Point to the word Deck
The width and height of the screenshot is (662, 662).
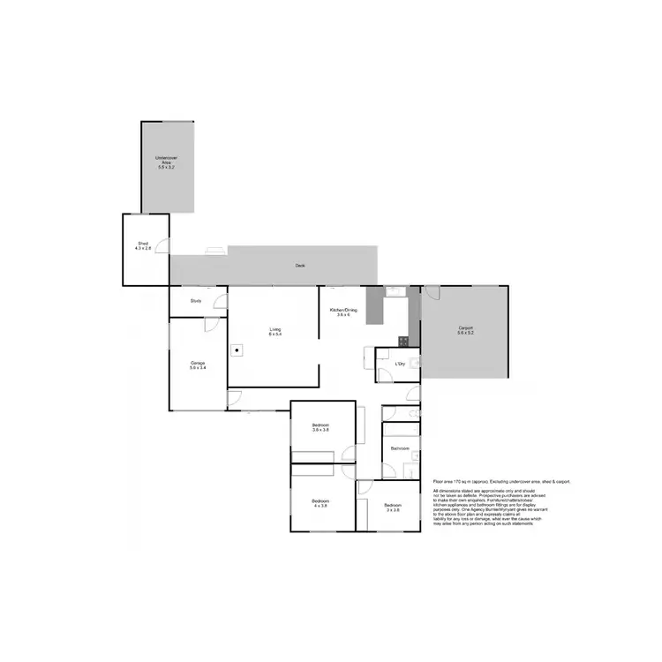click(x=300, y=266)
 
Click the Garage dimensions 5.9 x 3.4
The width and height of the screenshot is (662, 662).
click(x=198, y=367)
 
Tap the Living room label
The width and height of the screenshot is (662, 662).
click(x=275, y=330)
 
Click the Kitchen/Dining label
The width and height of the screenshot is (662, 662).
click(x=342, y=310)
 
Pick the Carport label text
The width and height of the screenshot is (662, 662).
click(x=465, y=328)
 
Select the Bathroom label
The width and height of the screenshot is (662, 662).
click(x=401, y=448)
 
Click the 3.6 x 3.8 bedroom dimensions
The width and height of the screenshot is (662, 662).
click(x=320, y=430)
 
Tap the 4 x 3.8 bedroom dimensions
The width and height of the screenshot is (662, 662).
click(x=319, y=506)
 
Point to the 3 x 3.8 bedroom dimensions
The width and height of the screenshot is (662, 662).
click(x=393, y=510)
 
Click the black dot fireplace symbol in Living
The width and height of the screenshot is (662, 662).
click(x=237, y=349)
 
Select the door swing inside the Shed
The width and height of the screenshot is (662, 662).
click(x=164, y=246)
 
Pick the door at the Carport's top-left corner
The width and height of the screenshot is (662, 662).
click(x=432, y=292)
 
